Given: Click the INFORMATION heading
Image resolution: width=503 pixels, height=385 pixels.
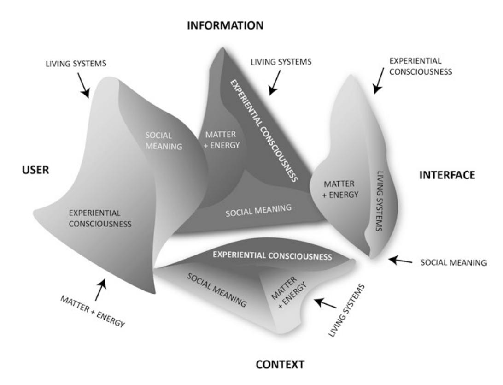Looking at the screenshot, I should [225, 26].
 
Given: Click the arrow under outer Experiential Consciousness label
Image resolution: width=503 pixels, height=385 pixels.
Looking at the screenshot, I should [380, 82].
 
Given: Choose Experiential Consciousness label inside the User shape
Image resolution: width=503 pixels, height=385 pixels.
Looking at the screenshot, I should [101, 219].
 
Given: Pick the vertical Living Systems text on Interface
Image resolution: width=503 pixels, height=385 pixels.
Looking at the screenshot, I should [380, 201].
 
